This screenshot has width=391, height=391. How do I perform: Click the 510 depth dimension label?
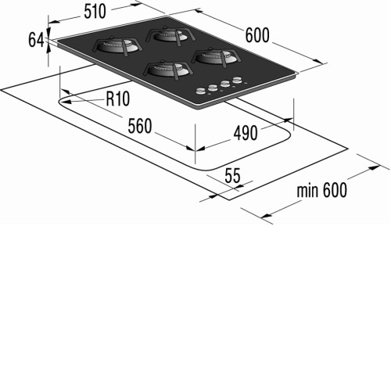[95, 12]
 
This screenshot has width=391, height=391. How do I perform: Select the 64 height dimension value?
[36, 41]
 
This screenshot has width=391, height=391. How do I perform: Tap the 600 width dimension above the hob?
[257, 35]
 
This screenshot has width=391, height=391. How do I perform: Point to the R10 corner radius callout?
[118, 99]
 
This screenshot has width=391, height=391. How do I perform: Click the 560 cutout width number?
[140, 126]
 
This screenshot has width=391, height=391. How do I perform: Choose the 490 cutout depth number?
[246, 133]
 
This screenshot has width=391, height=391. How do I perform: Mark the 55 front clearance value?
[232, 176]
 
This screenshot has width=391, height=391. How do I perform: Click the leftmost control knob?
[201, 91]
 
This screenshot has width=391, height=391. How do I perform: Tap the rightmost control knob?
[237, 80]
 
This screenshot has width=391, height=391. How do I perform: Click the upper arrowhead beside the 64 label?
[48, 30]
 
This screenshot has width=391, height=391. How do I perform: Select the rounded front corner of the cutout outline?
[206, 170]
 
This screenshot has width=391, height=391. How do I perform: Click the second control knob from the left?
[213, 88]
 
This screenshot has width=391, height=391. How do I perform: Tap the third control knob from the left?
[224, 84]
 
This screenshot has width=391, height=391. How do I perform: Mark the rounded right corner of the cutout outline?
[289, 135]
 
